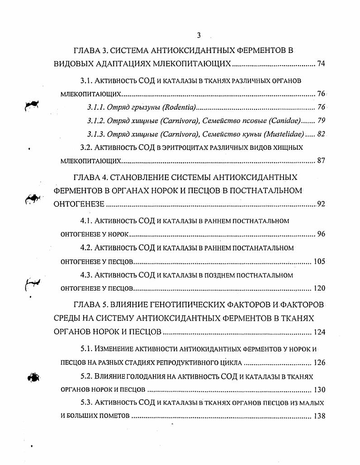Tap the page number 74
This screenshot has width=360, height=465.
click(321, 64)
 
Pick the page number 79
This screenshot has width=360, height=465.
click(321, 121)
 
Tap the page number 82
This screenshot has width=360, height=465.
click(321, 134)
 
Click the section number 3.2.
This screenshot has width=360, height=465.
click(86, 147)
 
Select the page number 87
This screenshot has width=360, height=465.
click(321, 161)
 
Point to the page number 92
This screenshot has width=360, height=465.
click(321, 204)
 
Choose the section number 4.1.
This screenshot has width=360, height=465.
click(86, 221)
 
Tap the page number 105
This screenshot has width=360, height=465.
click(319, 261)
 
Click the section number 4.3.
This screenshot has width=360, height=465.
click(86, 275)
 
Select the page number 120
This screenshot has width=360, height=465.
click(319, 288)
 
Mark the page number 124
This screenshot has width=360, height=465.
click(319, 332)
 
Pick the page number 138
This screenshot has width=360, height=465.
click(319, 416)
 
